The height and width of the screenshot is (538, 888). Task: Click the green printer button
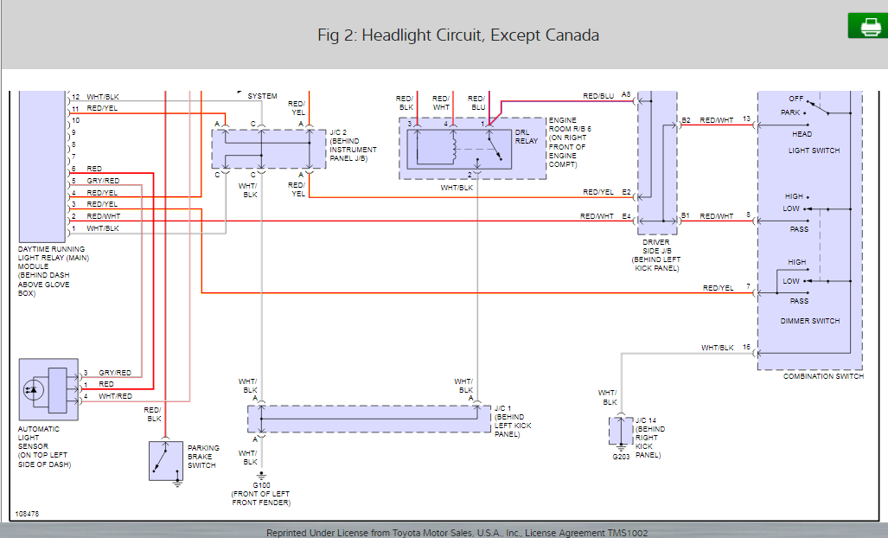[867, 26]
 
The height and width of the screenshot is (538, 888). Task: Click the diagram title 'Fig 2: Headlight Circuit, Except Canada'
[458, 35]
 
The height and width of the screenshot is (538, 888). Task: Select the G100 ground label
[261, 484]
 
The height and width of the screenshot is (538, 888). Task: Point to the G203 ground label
[621, 456]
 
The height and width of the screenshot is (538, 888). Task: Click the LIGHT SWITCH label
[814, 151]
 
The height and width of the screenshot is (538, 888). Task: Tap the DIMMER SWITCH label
[810, 321]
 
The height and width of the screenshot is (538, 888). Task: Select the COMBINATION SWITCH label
[821, 376]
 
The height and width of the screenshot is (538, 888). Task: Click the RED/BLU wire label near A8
[598, 96]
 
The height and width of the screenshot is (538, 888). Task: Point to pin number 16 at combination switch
[746, 348]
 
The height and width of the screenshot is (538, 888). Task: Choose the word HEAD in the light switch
[802, 134]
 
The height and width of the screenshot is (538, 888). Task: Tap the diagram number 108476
[27, 514]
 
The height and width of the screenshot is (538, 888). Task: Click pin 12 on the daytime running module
[75, 97]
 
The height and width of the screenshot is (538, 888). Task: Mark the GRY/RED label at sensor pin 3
[114, 373]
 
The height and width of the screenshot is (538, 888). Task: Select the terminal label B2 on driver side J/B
[686, 120]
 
